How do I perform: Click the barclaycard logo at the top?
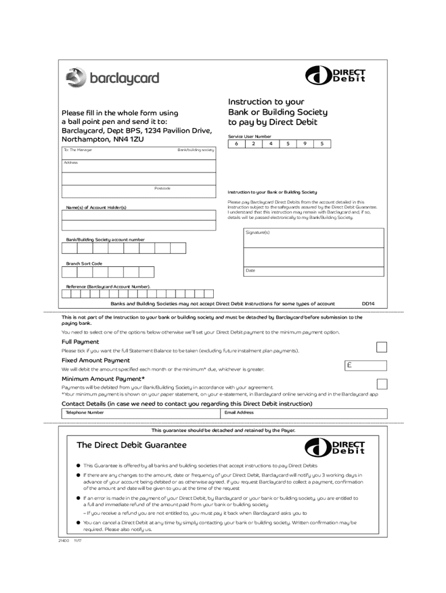click(112, 78)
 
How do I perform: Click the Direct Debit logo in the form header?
click(335, 76)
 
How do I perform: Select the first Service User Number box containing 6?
click(236, 144)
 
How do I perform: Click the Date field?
click(313, 271)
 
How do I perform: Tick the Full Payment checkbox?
click(382, 347)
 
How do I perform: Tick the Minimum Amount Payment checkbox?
click(382, 383)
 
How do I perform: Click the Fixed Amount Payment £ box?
click(365, 365)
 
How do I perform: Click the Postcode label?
click(162, 188)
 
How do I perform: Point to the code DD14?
click(368, 303)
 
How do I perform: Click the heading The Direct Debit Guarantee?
click(131, 445)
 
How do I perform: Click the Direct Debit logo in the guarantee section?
click(335, 447)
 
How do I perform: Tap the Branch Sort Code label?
click(84, 263)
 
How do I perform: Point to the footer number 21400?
click(63, 540)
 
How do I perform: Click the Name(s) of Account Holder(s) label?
click(96, 207)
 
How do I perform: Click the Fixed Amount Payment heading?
click(96, 360)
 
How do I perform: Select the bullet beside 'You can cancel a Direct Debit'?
click(77, 522)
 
